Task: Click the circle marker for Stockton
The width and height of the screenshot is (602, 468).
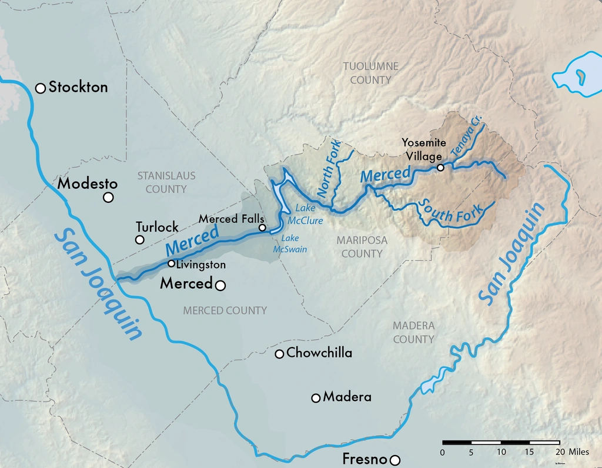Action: (41, 88)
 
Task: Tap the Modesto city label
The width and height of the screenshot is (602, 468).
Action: (87, 183)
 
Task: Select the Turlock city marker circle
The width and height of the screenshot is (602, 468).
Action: (139, 239)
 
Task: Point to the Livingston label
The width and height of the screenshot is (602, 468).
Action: (200, 265)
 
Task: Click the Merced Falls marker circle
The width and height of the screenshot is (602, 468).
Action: (262, 228)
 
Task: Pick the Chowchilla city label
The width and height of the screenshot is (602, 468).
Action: (319, 353)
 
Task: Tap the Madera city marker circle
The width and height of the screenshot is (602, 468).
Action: (316, 398)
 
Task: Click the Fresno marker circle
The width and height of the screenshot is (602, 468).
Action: (395, 460)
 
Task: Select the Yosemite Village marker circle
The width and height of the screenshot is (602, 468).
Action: (440, 168)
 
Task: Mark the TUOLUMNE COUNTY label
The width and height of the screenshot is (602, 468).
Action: (370, 73)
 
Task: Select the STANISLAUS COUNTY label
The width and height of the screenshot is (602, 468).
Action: (166, 182)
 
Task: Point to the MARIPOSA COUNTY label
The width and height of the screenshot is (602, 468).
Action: (362, 247)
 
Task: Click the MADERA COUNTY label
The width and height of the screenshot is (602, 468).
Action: (413, 332)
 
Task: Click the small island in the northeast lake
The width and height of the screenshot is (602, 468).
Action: (580, 75)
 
